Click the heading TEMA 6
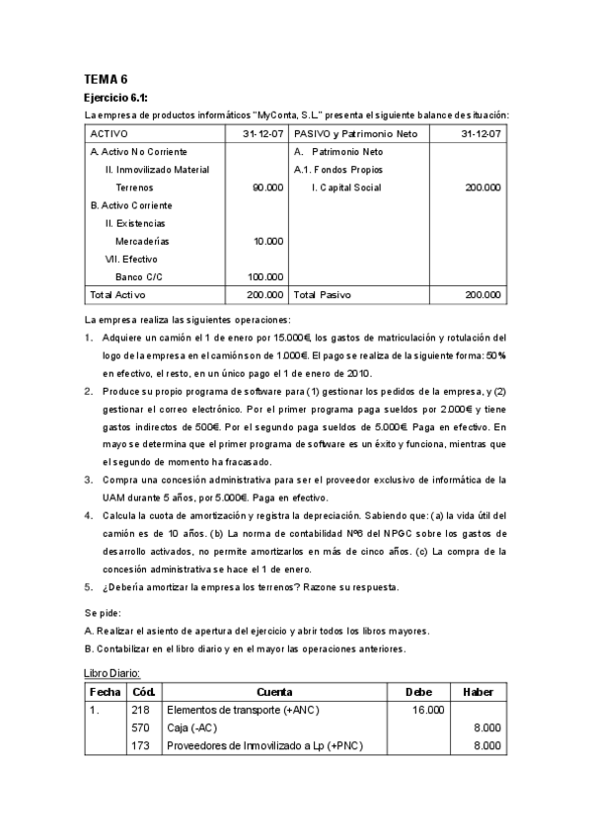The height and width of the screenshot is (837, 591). click(x=106, y=78)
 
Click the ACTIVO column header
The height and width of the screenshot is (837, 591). click(x=109, y=133)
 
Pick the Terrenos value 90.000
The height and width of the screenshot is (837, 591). click(x=267, y=188)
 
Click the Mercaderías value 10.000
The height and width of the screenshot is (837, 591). click(x=267, y=241)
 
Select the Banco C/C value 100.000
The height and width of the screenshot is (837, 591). click(x=264, y=276)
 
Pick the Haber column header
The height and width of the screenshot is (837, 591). click(x=479, y=692)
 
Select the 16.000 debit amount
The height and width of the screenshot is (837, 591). click(x=428, y=710)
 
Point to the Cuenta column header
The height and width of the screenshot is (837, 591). click(x=273, y=692)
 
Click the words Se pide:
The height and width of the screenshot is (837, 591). click(x=103, y=613)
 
